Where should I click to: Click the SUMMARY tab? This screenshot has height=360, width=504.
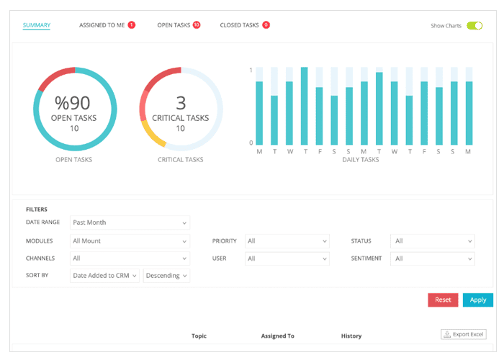pyautogui.click(x=37, y=25)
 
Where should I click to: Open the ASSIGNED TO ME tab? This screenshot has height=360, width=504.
pyautogui.click(x=102, y=25)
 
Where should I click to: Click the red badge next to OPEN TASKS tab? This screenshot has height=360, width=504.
pyautogui.click(x=197, y=24)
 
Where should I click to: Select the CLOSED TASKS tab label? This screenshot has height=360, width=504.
pyautogui.click(x=239, y=25)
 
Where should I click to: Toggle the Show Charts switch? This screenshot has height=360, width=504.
pyautogui.click(x=474, y=26)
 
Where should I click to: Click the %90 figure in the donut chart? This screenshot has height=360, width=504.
pyautogui.click(x=73, y=103)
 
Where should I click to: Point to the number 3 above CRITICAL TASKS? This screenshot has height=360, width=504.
pyautogui.click(x=181, y=103)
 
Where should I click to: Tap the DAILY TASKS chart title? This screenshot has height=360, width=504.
pyautogui.click(x=361, y=160)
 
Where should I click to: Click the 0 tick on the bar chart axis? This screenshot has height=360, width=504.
pyautogui.click(x=251, y=143)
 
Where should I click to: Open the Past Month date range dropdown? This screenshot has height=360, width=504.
pyautogui.click(x=130, y=222)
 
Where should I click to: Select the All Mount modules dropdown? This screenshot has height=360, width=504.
pyautogui.click(x=130, y=241)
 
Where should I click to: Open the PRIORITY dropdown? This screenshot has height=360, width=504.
pyautogui.click(x=287, y=241)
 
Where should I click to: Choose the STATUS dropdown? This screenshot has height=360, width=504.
pyautogui.click(x=432, y=241)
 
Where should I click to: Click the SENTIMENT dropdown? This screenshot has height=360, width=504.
pyautogui.click(x=432, y=258)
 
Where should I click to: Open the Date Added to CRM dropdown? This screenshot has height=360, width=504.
pyautogui.click(x=104, y=276)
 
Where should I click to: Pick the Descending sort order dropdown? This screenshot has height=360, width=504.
pyautogui.click(x=166, y=276)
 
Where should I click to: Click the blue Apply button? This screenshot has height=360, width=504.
pyautogui.click(x=477, y=300)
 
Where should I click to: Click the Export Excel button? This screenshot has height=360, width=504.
pyautogui.click(x=464, y=334)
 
